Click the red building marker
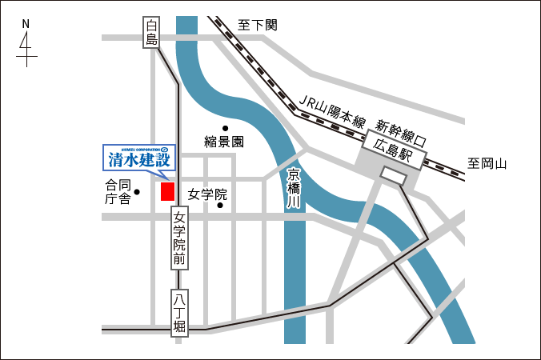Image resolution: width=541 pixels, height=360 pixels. (x=167, y=191)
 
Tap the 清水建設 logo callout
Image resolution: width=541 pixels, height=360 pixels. (x=138, y=158)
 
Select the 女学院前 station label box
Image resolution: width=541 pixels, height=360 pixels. (x=179, y=238)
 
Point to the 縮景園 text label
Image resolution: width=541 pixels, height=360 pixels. (x=224, y=142)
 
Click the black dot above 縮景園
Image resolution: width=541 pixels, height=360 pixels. (x=226, y=128)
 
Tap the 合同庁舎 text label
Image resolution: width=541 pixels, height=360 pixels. (x=118, y=192)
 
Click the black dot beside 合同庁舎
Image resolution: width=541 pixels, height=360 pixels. (x=138, y=192)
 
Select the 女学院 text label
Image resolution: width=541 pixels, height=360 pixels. (x=208, y=194)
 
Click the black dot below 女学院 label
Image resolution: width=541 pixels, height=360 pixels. (x=221, y=206)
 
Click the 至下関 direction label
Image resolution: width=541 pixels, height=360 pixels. (x=258, y=25)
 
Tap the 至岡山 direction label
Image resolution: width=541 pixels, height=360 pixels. (x=488, y=165)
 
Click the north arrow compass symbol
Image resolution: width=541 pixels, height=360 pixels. (x=26, y=50)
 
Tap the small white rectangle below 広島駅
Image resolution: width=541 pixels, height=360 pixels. (x=393, y=174)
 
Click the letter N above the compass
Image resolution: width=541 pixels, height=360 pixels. (x=26, y=24)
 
